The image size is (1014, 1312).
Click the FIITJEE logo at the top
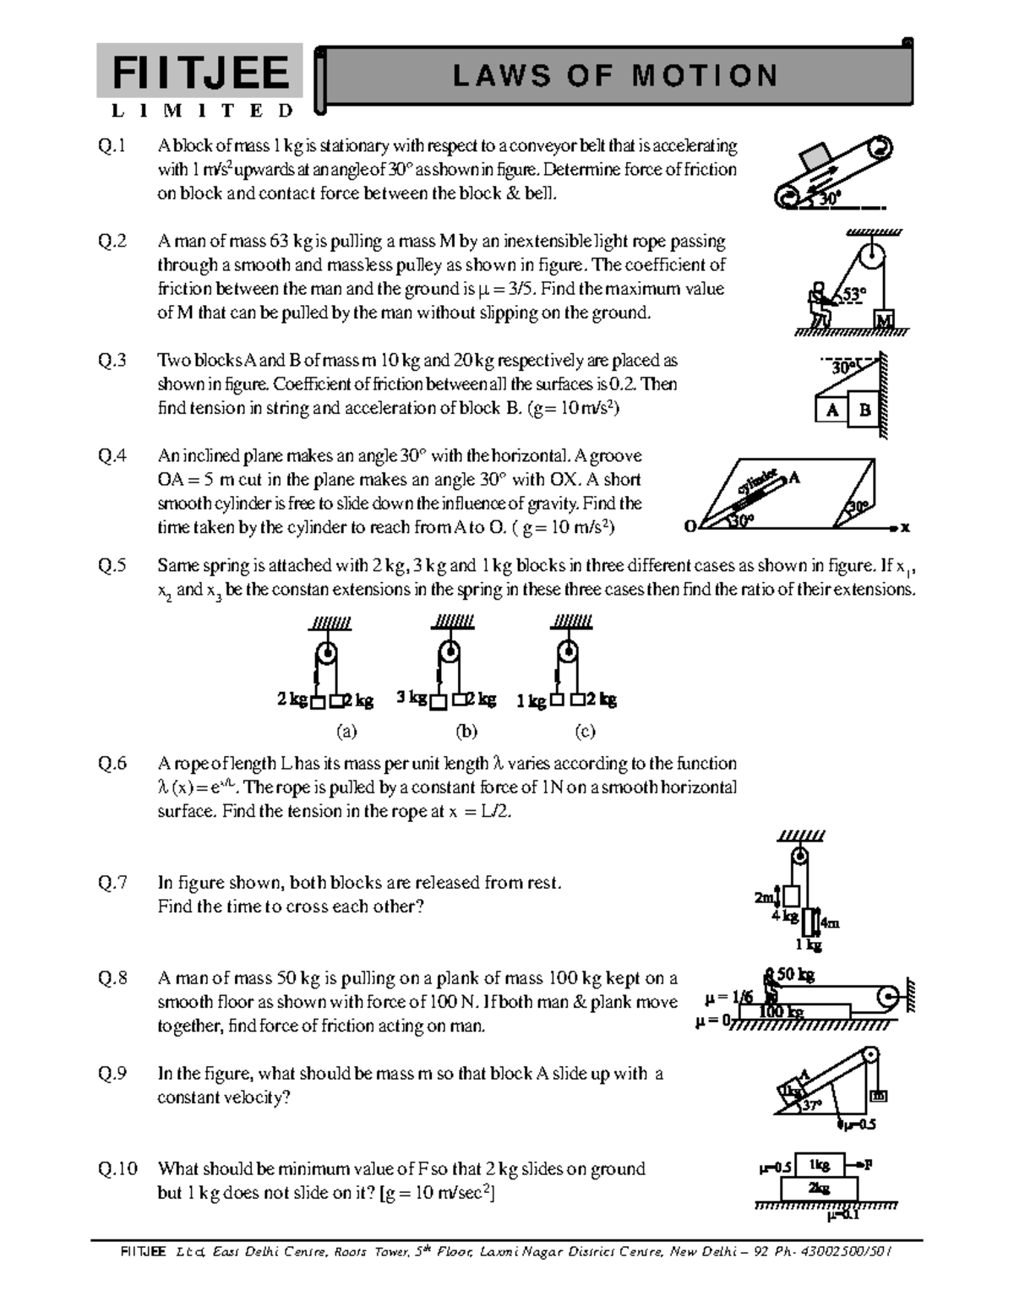click(199, 72)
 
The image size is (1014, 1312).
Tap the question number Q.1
click(112, 146)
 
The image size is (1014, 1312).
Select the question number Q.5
click(112, 566)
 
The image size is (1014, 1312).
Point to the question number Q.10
click(117, 1169)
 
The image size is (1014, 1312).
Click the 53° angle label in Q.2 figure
click(853, 294)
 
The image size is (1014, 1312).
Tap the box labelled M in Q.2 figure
click(884, 320)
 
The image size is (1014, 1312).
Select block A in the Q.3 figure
click(832, 411)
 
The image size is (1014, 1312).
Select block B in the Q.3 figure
click(864, 411)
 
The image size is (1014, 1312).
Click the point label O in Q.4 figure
click(690, 527)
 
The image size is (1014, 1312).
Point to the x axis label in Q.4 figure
click(905, 528)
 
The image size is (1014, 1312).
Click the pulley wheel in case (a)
click(326, 655)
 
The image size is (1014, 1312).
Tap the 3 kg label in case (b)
click(412, 699)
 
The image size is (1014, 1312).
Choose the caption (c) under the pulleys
click(585, 731)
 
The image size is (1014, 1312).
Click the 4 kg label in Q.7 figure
click(784, 916)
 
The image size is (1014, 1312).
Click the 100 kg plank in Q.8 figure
click(794, 1011)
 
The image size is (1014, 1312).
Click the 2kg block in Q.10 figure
click(818, 1188)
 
